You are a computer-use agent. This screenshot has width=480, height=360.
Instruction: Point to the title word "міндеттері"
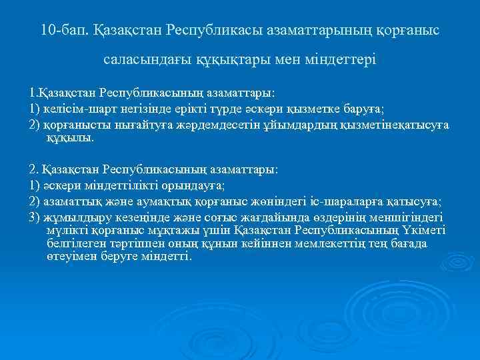tap(345, 60)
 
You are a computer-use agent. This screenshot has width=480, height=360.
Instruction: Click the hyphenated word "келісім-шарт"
tap(77, 110)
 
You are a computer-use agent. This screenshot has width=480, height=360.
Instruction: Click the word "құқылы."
tap(71, 138)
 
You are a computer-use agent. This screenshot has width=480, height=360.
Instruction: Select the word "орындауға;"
tap(189, 186)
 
